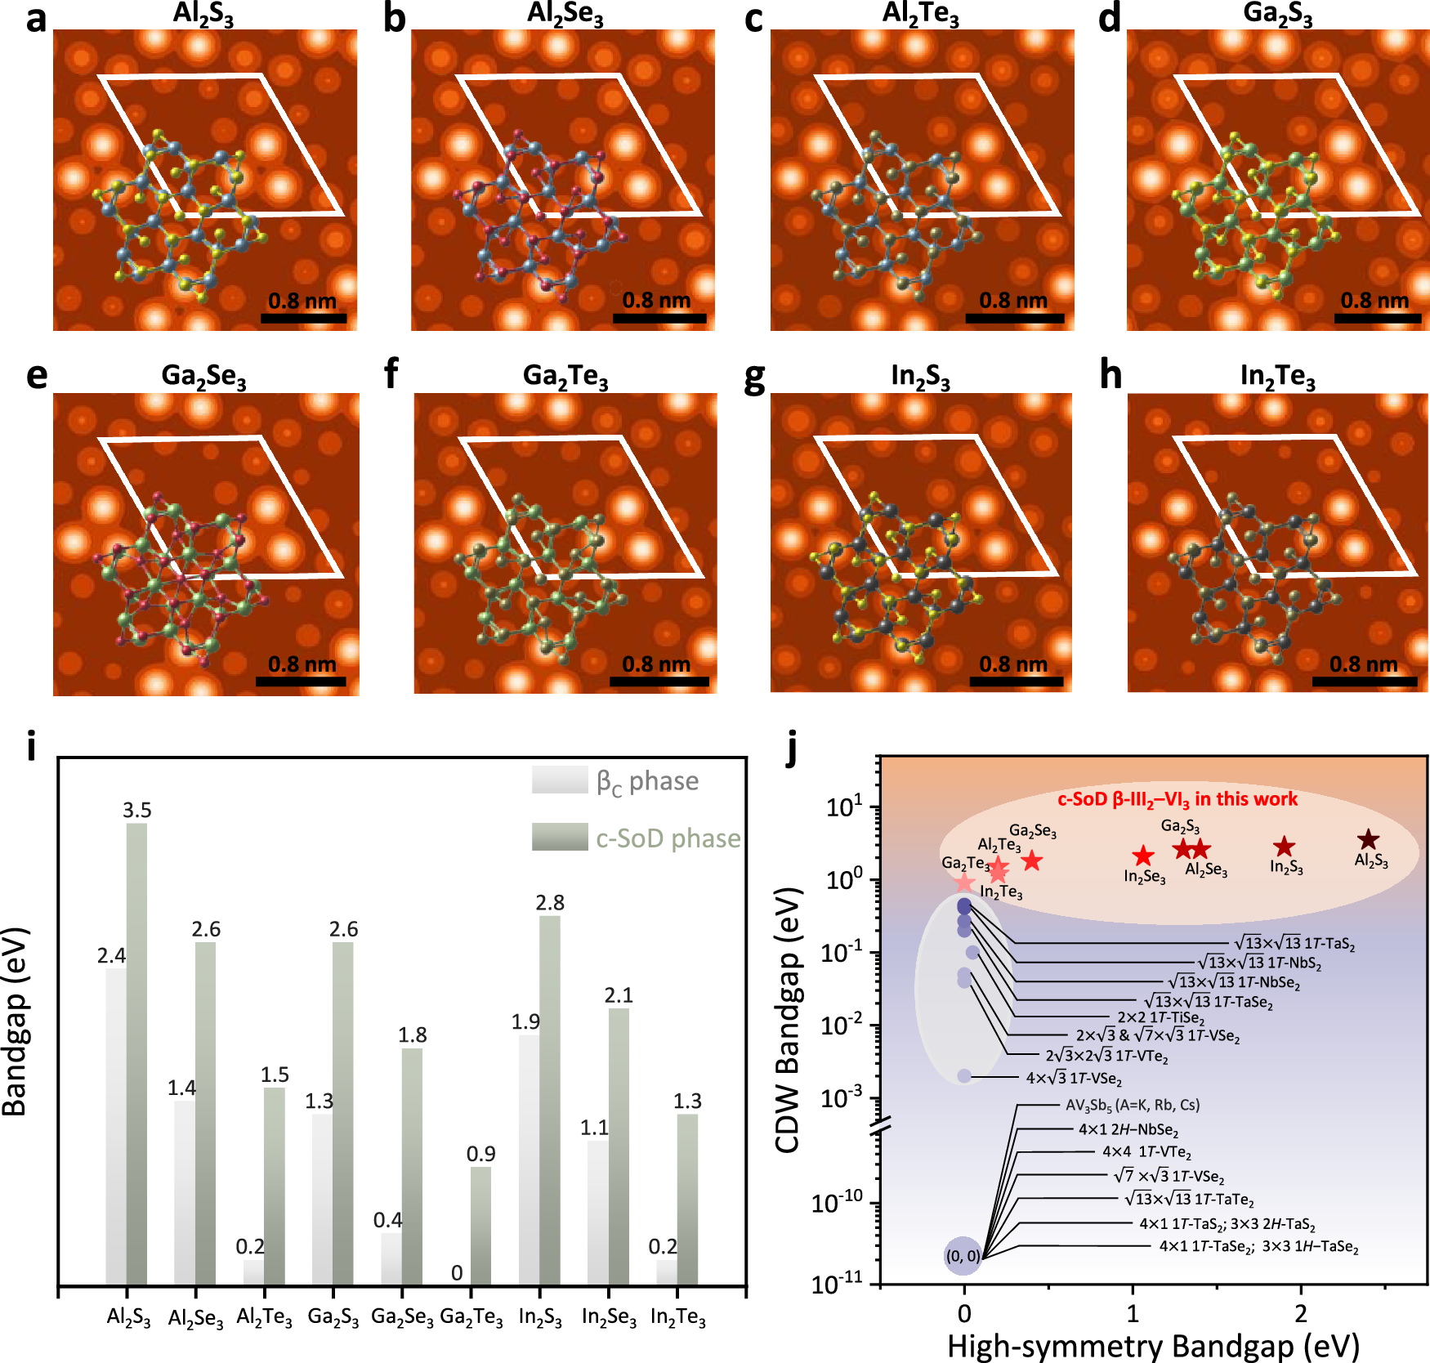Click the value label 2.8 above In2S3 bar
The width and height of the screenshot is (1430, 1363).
point(550,903)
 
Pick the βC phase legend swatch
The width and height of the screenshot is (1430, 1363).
point(560,780)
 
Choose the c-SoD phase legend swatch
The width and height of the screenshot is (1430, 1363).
point(560,837)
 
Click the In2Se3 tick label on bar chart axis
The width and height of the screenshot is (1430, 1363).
point(609,1317)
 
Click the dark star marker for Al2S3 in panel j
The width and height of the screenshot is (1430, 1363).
point(1368,839)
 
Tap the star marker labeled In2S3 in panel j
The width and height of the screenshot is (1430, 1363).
point(1285,847)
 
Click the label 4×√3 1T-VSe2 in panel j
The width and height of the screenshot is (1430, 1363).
point(1074,1078)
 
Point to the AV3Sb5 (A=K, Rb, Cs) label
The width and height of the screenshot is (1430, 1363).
point(1133,1105)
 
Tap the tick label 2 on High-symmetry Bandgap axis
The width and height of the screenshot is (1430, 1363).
point(1301,1313)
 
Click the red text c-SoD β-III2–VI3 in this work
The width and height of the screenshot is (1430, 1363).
point(1178,799)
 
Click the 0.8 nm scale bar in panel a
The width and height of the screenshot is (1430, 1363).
point(303,318)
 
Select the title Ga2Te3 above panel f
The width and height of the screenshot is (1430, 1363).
point(565,376)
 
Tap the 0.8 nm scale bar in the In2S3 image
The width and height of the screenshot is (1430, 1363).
point(1013,681)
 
